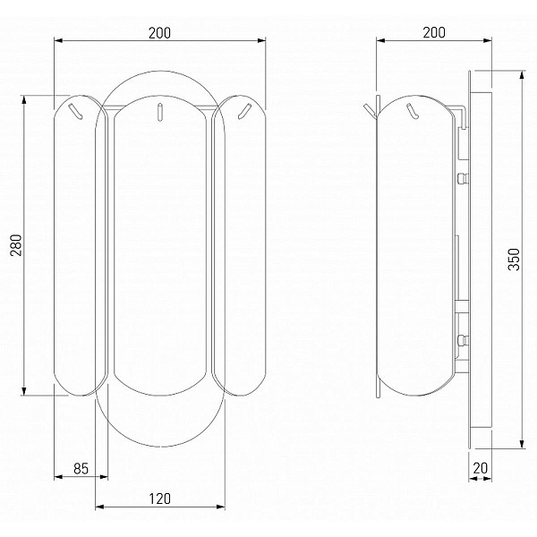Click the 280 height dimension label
click(16, 245)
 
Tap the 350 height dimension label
click(514, 260)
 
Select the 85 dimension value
click(81, 468)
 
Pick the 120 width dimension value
click(159, 499)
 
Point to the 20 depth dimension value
click(480, 468)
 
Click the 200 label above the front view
click(159, 33)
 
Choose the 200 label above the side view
click(434, 32)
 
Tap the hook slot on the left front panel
click(75, 111)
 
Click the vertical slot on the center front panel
click(159, 112)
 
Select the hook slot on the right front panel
click(244, 111)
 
